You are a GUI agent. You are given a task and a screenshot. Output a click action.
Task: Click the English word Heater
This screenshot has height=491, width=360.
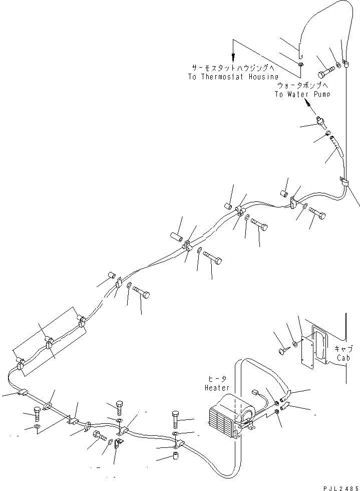[217, 388]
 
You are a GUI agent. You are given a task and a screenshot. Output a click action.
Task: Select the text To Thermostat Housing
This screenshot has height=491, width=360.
[233, 77]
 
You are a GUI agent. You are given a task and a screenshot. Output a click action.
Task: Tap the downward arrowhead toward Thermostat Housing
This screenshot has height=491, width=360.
[232, 57]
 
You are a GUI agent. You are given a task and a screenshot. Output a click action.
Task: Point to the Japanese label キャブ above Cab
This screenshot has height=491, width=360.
[342, 349]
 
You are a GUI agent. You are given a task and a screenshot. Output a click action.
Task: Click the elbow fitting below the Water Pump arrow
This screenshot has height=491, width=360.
[320, 121]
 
